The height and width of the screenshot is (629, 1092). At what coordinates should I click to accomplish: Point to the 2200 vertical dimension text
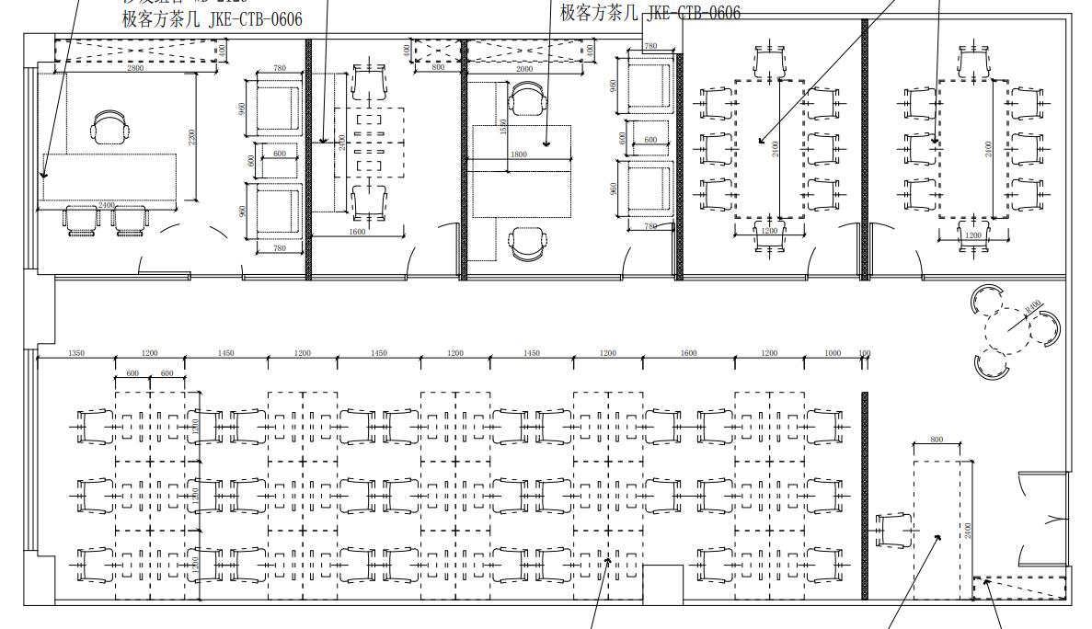click(191, 137)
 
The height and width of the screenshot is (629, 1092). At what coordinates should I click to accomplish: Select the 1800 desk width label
click(519, 154)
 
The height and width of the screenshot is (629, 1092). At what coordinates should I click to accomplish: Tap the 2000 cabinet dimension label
click(524, 69)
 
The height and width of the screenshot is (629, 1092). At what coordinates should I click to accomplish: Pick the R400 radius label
click(1033, 305)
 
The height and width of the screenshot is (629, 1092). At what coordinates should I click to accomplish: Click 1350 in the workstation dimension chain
click(76, 353)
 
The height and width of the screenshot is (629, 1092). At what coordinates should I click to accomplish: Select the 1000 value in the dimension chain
click(832, 353)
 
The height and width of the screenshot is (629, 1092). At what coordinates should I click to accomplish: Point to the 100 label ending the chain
click(864, 353)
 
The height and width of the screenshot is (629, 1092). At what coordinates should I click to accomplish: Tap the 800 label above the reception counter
click(937, 440)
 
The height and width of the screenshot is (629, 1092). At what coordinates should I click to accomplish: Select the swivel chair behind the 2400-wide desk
click(110, 128)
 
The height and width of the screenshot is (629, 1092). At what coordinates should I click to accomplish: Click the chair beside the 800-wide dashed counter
click(891, 531)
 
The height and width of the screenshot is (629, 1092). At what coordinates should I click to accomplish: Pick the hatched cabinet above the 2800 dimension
click(136, 51)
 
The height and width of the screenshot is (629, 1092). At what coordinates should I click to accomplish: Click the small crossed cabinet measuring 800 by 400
click(436, 51)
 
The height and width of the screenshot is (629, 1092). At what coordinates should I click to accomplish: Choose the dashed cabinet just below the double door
click(1019, 587)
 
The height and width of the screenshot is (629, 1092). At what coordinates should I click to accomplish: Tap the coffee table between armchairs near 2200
click(278, 154)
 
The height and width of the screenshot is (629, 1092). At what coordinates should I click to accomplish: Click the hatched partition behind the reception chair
click(865, 497)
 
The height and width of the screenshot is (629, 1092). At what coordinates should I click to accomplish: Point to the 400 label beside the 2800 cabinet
click(223, 51)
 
